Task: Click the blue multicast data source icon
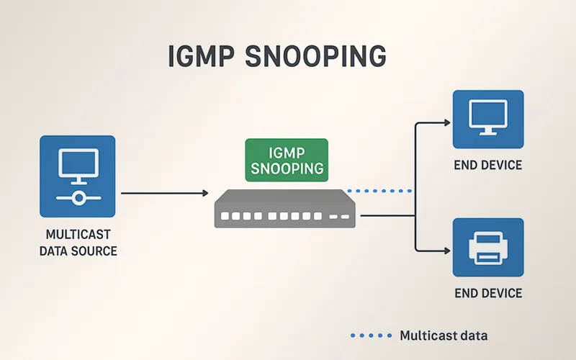coord(77,176)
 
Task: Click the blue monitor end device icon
coord(487,119)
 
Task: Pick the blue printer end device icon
coord(487,248)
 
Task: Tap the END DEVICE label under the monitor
coord(487,166)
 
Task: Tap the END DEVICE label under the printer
coord(487,294)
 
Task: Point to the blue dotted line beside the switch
coord(379,191)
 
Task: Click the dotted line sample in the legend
coord(369,336)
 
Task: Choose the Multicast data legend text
coord(443,336)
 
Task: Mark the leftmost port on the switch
coord(225,215)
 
